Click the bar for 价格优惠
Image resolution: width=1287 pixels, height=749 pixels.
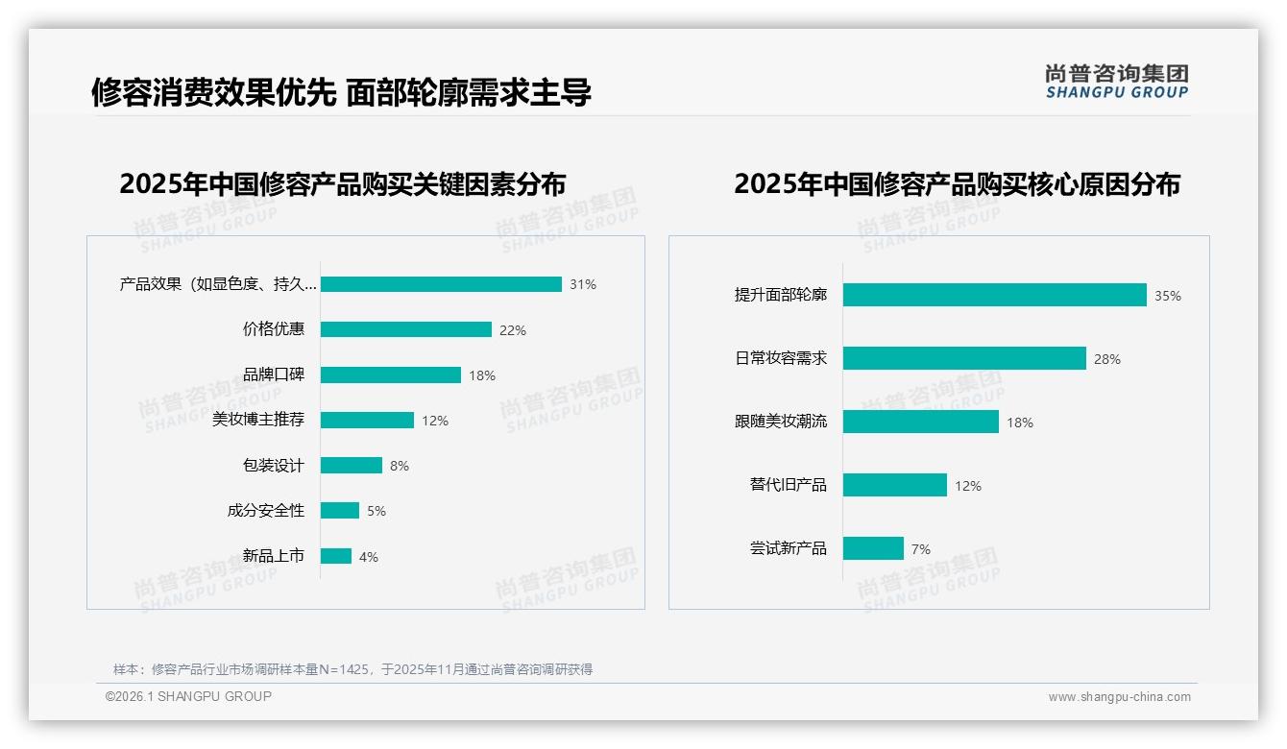[405, 329]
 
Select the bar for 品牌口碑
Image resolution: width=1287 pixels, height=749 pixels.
[390, 374]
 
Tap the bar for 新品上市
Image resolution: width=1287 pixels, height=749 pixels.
[335, 556]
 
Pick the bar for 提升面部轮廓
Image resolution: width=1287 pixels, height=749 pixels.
[994, 295]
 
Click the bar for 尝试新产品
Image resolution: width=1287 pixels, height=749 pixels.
[873, 548]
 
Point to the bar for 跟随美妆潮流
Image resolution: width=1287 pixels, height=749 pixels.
[920, 422]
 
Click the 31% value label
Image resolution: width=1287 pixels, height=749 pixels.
[582, 284]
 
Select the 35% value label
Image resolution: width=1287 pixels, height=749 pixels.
[1167, 296]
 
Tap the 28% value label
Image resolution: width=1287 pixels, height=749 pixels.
[1106, 359]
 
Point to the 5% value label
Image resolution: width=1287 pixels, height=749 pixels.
[376, 511]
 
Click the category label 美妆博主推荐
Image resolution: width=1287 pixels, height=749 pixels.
[257, 420]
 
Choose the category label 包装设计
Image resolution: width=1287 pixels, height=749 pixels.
[273, 466]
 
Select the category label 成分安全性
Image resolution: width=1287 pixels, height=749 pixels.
[265, 511]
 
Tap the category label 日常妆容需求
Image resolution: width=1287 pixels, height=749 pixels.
[780, 358]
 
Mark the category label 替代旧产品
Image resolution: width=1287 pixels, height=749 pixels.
[788, 485]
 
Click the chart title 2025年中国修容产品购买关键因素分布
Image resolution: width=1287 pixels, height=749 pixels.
[342, 183]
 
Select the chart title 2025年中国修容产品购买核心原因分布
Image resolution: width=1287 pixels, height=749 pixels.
[957, 183]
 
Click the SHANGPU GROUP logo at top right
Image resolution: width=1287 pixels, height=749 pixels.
[1116, 82]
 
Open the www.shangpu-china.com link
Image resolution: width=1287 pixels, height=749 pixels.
[1119, 697]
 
